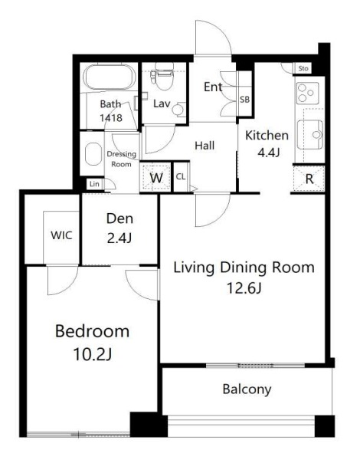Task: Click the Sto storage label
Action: tap(303, 68)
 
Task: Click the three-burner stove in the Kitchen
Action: tap(307, 93)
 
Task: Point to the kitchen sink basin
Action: tap(310, 134)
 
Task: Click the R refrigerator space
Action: tap(309, 179)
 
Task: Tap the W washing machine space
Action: tap(156, 178)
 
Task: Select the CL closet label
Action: tap(181, 177)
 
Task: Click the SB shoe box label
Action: tap(244, 99)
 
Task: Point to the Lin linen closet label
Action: tap(94, 184)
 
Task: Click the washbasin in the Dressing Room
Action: tap(93, 154)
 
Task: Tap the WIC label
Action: tap(61, 235)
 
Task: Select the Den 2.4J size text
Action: tap(119, 238)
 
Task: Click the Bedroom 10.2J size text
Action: tap(92, 354)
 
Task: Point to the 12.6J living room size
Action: tap(244, 288)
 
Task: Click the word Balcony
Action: tap(247, 389)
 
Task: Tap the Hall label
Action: tap(205, 146)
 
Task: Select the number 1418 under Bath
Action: tap(111, 117)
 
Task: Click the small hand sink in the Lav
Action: tap(178, 109)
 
